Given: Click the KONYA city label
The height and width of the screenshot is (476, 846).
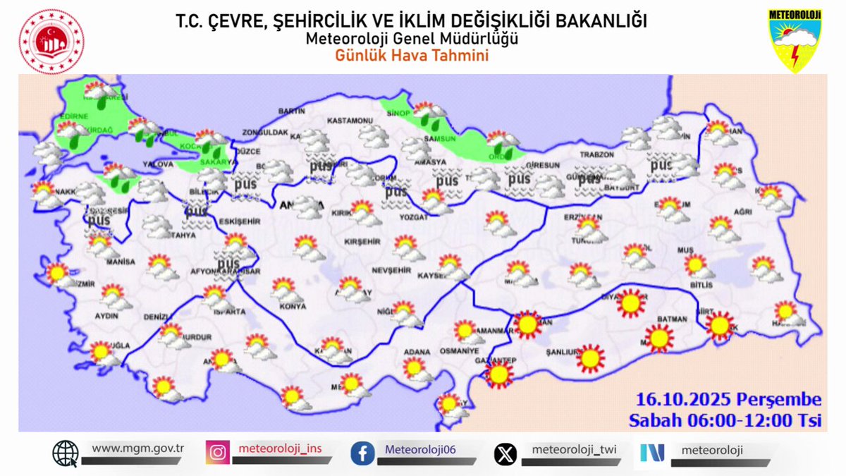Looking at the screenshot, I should tap(293, 307).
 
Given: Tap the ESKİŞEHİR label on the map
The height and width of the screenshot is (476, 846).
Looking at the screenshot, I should tap(239, 221).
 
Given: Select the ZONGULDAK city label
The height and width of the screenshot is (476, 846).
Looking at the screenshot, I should tap(265, 132).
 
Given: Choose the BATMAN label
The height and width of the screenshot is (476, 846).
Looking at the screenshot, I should tap(671, 319).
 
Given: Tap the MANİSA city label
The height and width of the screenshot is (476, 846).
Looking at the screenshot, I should tap(121, 262).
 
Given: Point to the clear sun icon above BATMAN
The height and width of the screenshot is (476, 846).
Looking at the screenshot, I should tap(631, 303).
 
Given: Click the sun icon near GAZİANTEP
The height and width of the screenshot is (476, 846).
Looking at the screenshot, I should tap(500, 375).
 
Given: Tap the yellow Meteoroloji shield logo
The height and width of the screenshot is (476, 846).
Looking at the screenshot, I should tap(795, 40).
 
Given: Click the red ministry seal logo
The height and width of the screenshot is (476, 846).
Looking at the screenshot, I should tap(51, 41).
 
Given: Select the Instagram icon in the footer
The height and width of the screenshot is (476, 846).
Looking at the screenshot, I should tap(218, 452).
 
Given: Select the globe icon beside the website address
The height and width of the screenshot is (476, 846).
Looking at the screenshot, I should tap(65, 453).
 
